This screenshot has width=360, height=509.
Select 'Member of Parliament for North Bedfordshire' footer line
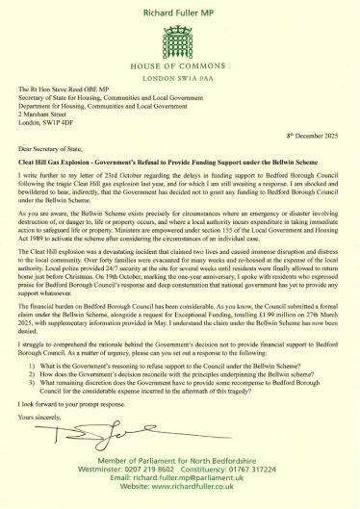[180, 467]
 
